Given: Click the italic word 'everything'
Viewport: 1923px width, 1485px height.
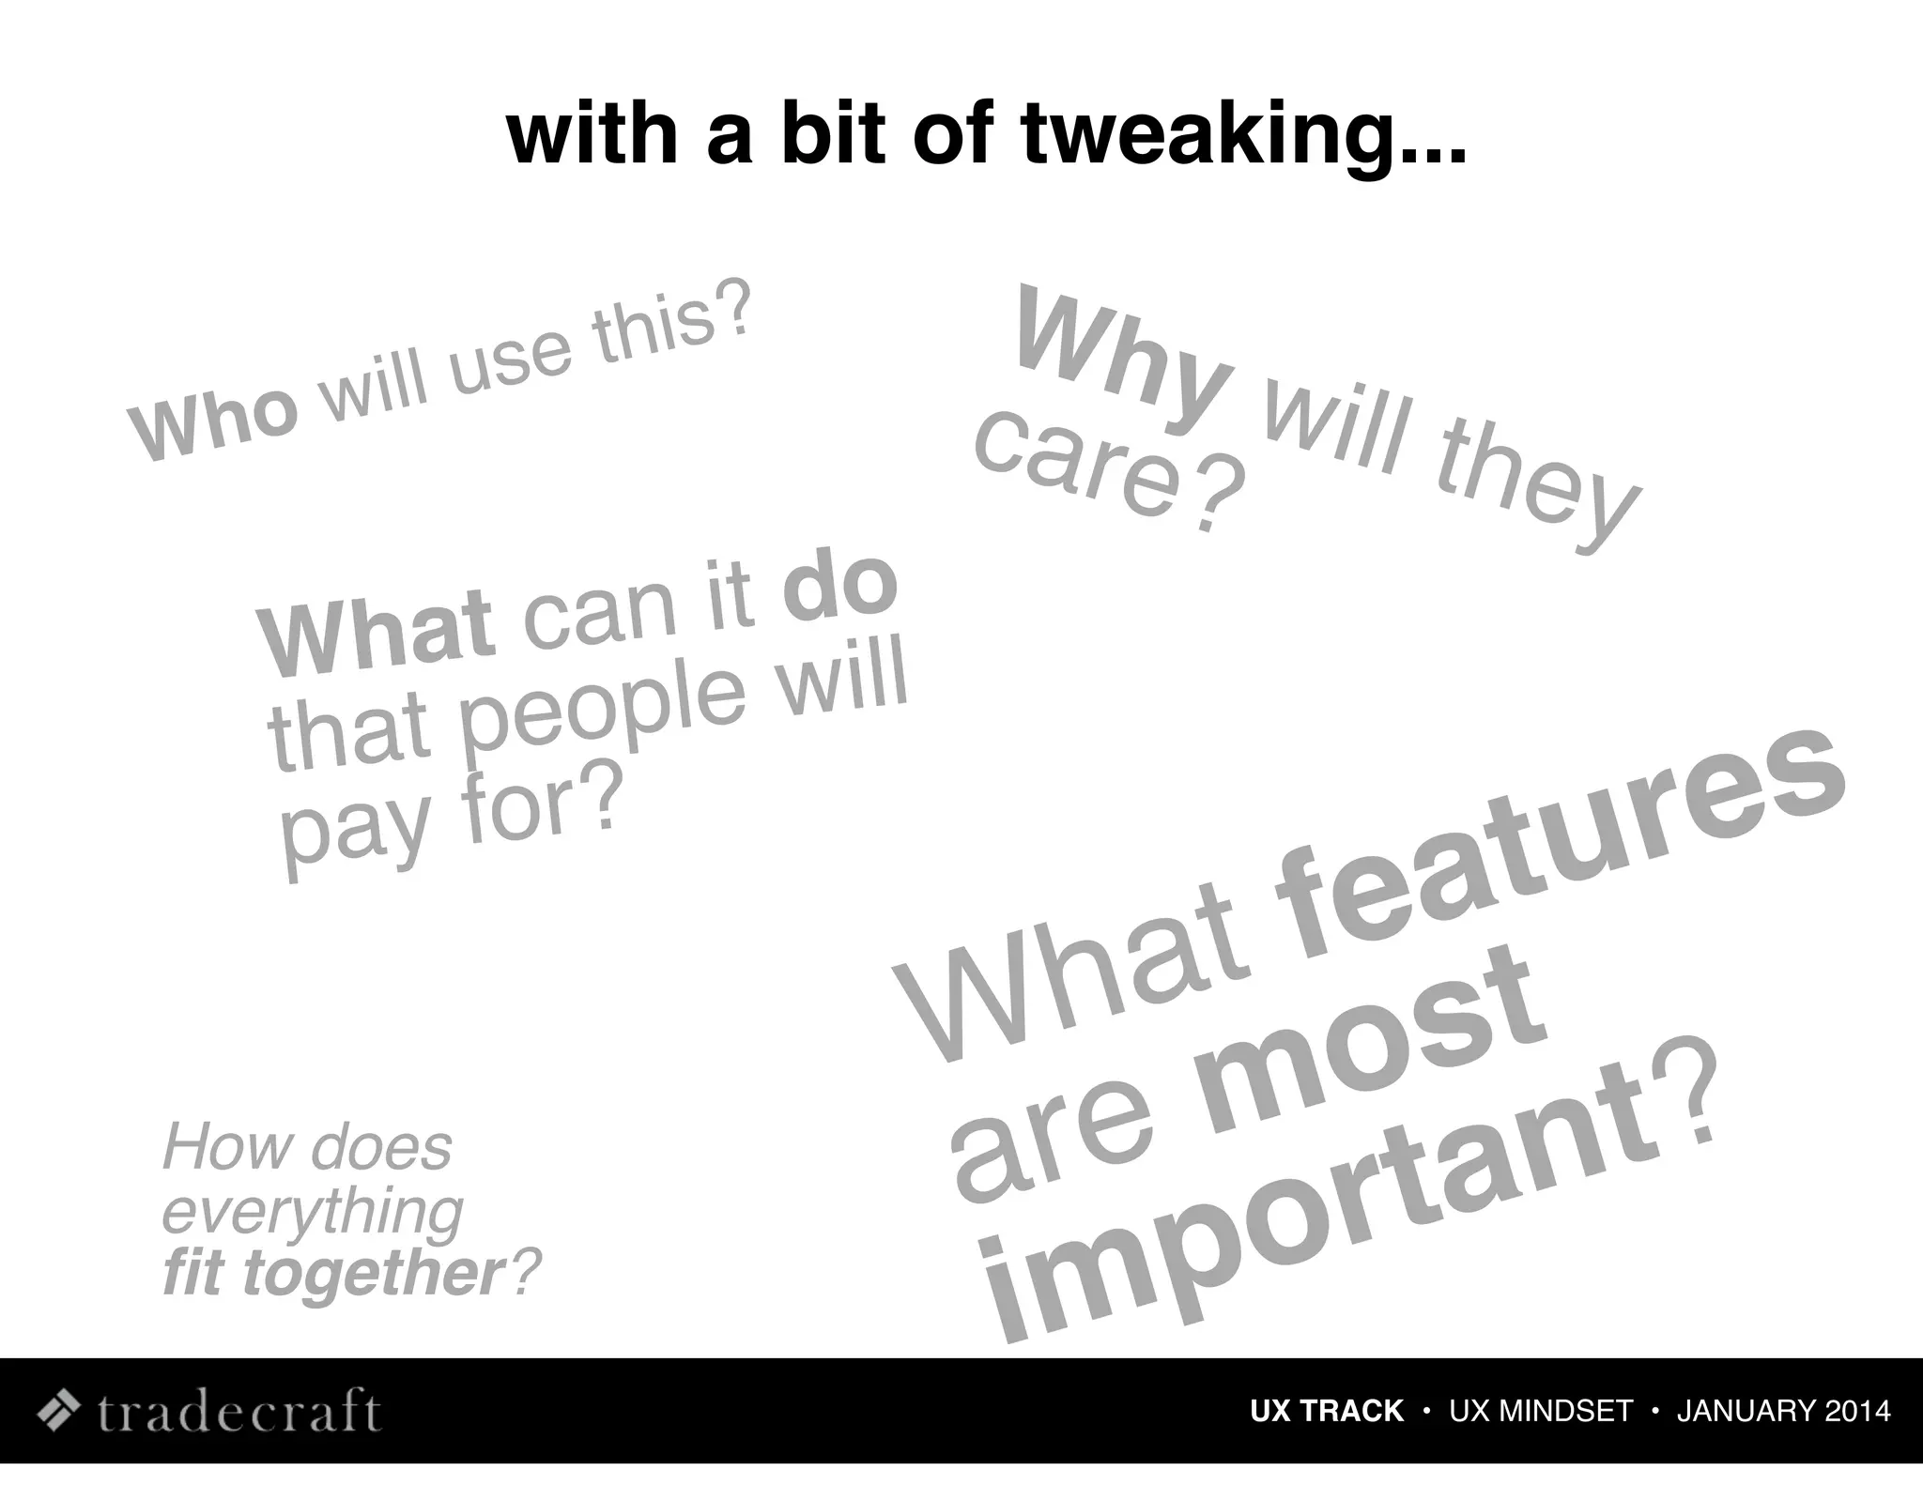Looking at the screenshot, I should tap(313, 1212).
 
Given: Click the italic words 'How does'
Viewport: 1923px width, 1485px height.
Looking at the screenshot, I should tap(307, 1147).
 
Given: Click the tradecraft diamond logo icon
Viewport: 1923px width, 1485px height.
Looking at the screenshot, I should tap(58, 1410).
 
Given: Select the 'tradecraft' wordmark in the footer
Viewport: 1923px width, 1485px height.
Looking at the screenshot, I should tap(239, 1410).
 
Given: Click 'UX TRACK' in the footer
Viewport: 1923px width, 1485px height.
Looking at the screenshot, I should tap(1326, 1411).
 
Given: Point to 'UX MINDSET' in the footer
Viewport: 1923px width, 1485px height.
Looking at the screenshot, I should tap(1541, 1411).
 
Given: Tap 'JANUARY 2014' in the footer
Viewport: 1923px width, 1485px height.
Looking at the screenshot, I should tap(1783, 1411).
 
